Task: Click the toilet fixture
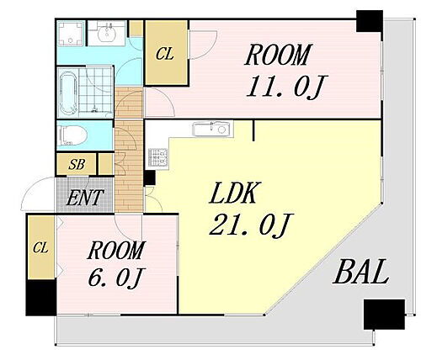[69, 135]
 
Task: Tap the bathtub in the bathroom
[67, 93]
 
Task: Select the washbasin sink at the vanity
[107, 34]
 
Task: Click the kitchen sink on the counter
[213, 129]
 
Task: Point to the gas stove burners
[157, 158]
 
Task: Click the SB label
[77, 164]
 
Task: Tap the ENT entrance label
[85, 198]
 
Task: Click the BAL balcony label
[361, 272]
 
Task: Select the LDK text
[233, 193]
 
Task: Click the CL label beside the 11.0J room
[165, 54]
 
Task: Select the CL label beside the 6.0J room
[40, 248]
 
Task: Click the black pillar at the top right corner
[370, 21]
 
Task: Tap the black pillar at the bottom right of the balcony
[384, 315]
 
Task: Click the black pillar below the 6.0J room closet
[41, 298]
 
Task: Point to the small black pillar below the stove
[149, 177]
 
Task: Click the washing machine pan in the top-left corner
[71, 34]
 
